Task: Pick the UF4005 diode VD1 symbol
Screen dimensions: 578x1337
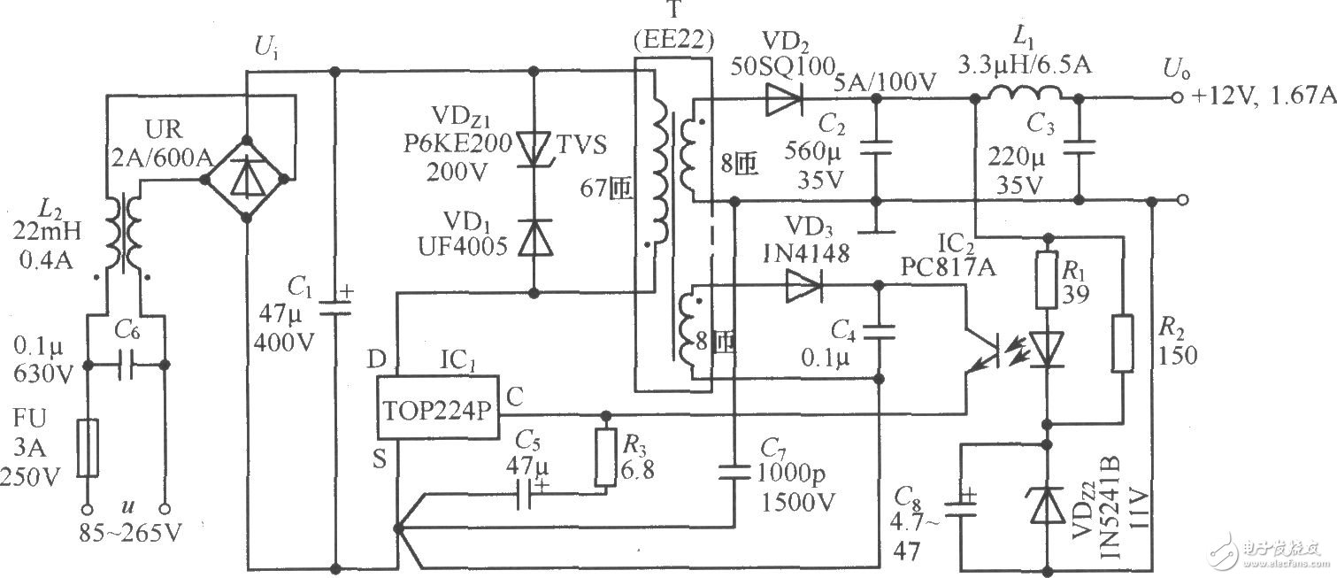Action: (x=534, y=239)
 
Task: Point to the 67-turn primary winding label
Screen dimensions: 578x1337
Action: (x=607, y=189)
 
